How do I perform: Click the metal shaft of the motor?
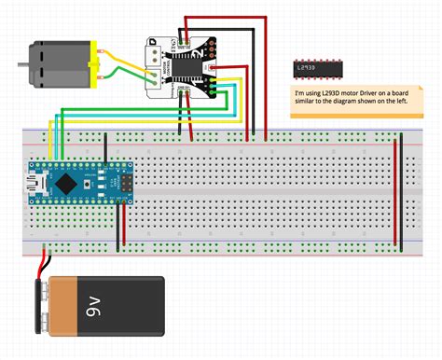[x=21, y=63]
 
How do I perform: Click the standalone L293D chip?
[x=319, y=69]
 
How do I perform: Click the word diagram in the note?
[x=351, y=104]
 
